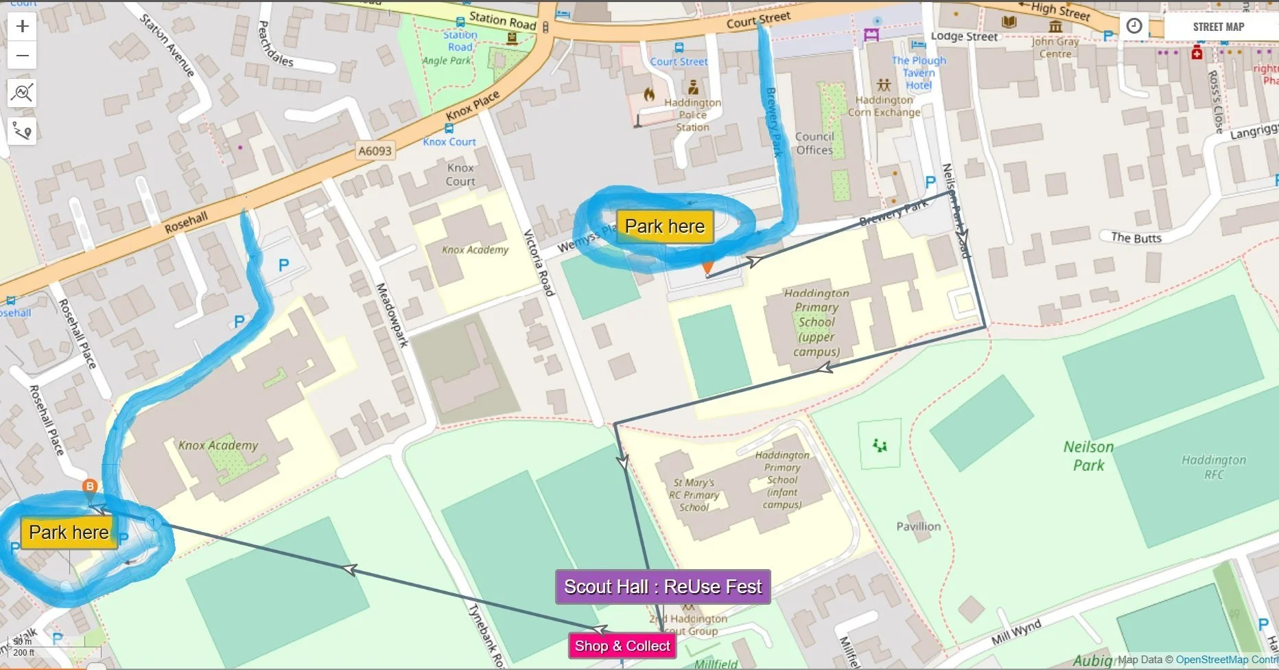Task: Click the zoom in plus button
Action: click(x=22, y=26)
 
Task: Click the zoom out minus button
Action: click(x=22, y=56)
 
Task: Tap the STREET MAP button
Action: click(x=1218, y=27)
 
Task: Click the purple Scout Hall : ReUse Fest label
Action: click(x=663, y=587)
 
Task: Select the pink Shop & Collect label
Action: click(x=622, y=646)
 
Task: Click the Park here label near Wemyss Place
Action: click(x=665, y=227)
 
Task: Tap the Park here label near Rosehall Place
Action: click(x=69, y=533)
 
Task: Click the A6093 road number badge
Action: click(x=375, y=151)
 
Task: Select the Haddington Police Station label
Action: click(x=692, y=115)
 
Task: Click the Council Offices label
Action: click(x=814, y=143)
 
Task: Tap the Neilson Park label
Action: click(x=1088, y=456)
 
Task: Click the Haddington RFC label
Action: click(x=1214, y=467)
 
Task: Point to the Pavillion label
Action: click(x=918, y=527)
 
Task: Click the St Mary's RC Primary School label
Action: click(x=694, y=495)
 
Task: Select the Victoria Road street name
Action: click(x=539, y=263)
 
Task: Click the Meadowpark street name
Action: click(x=392, y=314)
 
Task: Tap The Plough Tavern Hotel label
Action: click(x=919, y=73)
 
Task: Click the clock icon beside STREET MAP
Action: click(x=1134, y=26)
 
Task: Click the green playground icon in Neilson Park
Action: click(x=880, y=446)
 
